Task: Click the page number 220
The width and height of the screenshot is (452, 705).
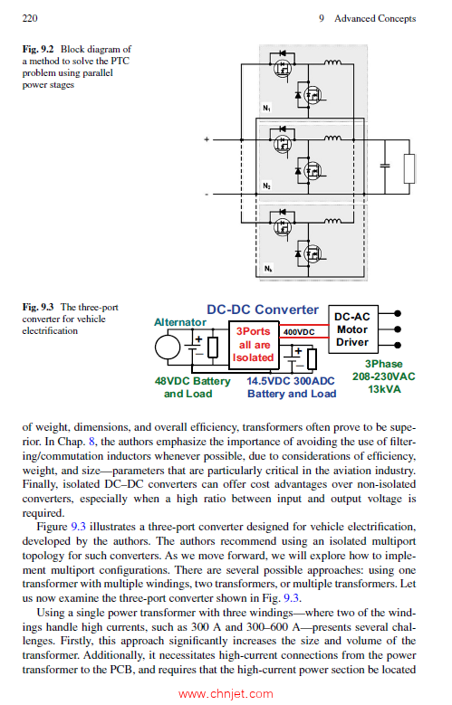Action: pos(29,18)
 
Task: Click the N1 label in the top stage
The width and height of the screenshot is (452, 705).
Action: pos(266,109)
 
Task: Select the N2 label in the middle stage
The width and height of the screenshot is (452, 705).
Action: pos(266,186)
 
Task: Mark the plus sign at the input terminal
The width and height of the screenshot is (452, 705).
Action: pos(207,139)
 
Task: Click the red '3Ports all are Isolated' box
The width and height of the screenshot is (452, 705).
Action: pos(254,345)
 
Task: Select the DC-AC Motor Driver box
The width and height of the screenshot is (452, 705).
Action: pos(352,329)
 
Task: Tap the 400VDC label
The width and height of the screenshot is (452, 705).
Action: pos(299,332)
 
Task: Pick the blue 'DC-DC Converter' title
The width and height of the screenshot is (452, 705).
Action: pos(263,310)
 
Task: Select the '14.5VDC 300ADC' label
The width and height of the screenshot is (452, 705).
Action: pos(292,381)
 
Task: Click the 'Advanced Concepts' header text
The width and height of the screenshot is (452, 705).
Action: pos(374,18)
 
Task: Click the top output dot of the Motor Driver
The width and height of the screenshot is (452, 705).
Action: pos(398,312)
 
